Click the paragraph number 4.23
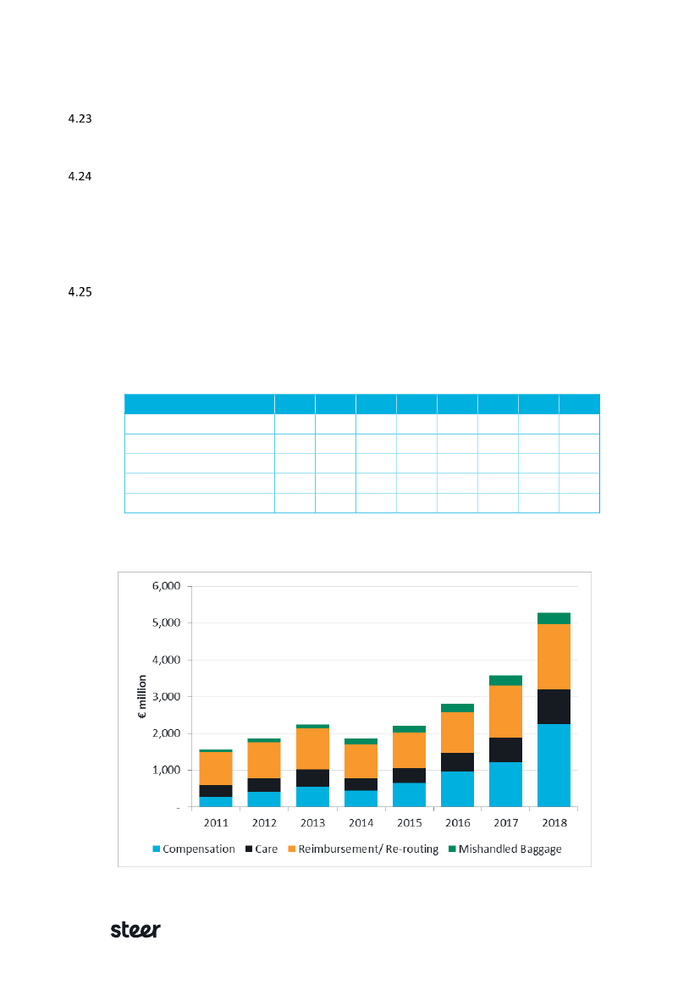(79, 119)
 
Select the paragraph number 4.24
(79, 178)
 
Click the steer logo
(135, 929)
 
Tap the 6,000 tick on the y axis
(165, 586)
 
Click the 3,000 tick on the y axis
(165, 696)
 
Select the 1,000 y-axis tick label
(165, 770)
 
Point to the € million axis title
(144, 696)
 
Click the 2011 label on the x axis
(216, 822)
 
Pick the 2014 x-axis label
(361, 822)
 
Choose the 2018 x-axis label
(554, 822)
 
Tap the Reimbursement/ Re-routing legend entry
(368, 849)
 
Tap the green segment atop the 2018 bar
(554, 618)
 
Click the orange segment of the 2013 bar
(312, 749)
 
